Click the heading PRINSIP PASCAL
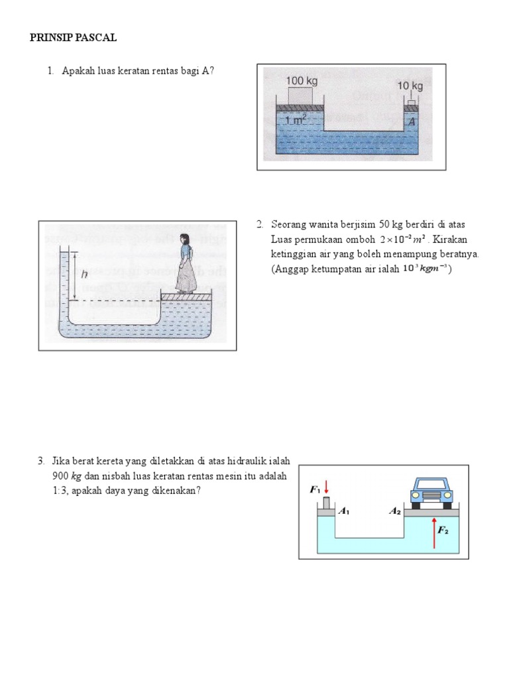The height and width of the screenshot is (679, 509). [x=73, y=38]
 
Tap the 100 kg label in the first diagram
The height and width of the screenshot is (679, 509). [x=302, y=81]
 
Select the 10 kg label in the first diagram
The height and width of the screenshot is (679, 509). [x=410, y=86]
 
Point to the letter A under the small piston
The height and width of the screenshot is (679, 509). [x=412, y=122]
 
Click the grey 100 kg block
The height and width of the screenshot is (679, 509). [x=301, y=95]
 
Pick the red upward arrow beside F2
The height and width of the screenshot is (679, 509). [x=435, y=534]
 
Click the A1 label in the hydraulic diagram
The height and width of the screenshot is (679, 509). [x=344, y=511]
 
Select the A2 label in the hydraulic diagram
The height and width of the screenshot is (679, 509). [x=395, y=511]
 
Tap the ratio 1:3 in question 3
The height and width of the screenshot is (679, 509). [x=60, y=491]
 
